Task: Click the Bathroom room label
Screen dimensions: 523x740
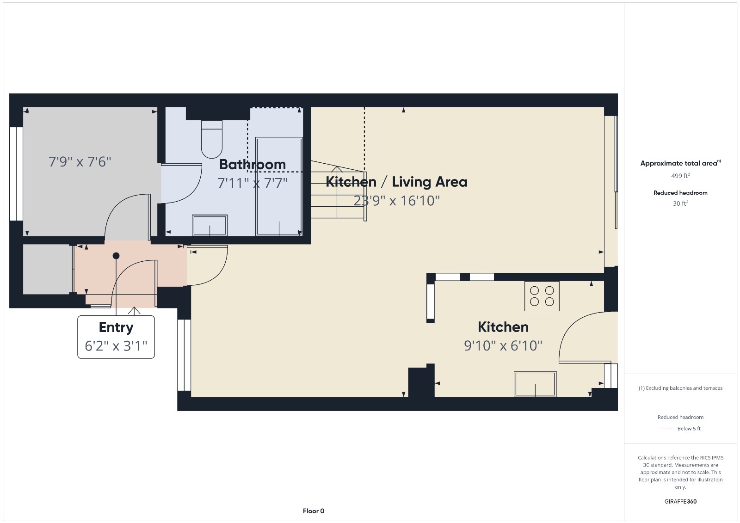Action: coord(252,164)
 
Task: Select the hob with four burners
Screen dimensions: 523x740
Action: coord(542,296)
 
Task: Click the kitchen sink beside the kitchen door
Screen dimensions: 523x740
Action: coord(535,384)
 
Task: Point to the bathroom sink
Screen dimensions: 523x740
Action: coord(210,225)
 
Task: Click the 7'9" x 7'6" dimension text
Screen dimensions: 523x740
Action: coord(80,162)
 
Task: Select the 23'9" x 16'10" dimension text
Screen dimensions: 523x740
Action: coord(396,201)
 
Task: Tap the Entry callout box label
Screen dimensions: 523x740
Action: coord(116,327)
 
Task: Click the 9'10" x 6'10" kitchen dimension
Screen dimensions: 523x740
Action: coord(503,345)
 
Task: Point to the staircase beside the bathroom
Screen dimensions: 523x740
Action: coord(338,192)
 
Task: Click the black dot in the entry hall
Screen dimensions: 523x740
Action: coord(116,256)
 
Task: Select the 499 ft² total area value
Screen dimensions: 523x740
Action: coord(680,176)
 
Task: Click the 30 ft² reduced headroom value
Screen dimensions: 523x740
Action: coord(680,203)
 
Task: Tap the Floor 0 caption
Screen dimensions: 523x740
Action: coord(314,511)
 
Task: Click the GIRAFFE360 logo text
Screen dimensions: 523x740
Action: coord(680,501)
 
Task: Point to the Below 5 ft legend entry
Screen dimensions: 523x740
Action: coord(688,429)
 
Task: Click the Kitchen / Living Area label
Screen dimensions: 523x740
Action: coord(396,182)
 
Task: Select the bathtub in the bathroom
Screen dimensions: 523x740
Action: coord(279,186)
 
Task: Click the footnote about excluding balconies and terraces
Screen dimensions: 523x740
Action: coord(680,388)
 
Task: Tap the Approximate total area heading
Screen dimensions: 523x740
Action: coord(679,163)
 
